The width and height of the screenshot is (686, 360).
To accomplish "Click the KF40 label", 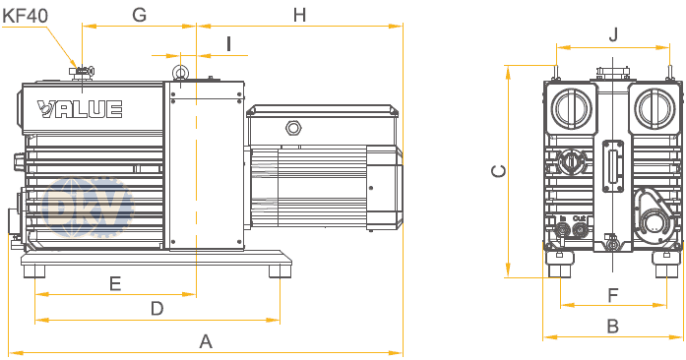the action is (x=25, y=16).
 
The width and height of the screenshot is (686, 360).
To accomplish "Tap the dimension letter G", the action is (x=139, y=15).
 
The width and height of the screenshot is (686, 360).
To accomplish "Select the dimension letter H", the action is (x=299, y=15).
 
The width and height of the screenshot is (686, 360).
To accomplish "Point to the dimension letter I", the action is (x=228, y=44).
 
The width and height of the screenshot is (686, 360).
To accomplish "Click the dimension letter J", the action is (x=613, y=34).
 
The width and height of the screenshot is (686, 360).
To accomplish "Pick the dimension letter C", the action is (x=499, y=171).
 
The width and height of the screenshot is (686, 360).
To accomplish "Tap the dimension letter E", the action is (x=115, y=283).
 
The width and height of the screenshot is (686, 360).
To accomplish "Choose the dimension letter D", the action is (x=157, y=309).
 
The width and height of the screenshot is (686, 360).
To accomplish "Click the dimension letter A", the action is (x=206, y=341).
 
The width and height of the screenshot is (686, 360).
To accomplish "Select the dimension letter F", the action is (x=613, y=296).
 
